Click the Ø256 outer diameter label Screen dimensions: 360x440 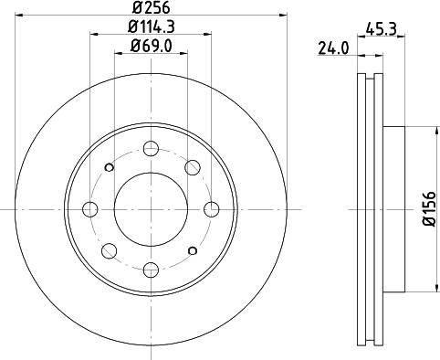pyautogui.click(x=151, y=8)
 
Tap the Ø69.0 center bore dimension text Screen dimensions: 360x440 pyautogui.click(x=151, y=46)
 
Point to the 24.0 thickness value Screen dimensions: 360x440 pyautogui.click(x=333, y=49)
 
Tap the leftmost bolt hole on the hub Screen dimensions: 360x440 pyautogui.click(x=90, y=207)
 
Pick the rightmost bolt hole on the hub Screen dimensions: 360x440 pyautogui.click(x=211, y=207)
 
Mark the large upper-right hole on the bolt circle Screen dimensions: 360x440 pyautogui.click(x=193, y=167)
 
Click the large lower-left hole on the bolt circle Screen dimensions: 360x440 pyautogui.click(x=110, y=248)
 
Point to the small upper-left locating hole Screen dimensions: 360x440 pyautogui.click(x=110, y=166)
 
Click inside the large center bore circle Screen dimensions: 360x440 pyautogui.click(x=151, y=207)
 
